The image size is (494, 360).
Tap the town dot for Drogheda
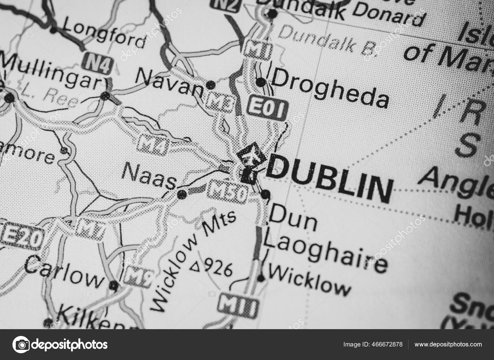(x=261, y=82)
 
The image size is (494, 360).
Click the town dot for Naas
(x=182, y=194)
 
